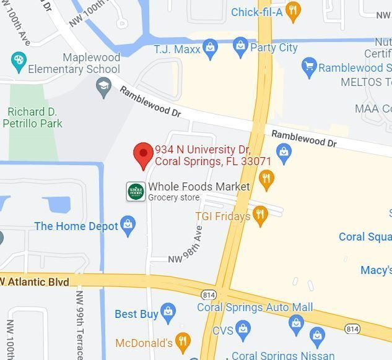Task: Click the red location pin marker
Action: (144, 154)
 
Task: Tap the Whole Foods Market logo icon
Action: (136, 191)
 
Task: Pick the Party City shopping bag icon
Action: (240, 45)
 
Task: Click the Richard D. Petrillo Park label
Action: (35, 118)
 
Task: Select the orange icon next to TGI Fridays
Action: (260, 215)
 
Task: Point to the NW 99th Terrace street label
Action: (79, 322)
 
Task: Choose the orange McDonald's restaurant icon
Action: (182, 341)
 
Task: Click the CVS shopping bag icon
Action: (243, 330)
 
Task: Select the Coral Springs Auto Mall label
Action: (255, 307)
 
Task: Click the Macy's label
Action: (376, 270)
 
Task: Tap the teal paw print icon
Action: (19, 61)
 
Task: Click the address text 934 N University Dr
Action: (202, 150)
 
